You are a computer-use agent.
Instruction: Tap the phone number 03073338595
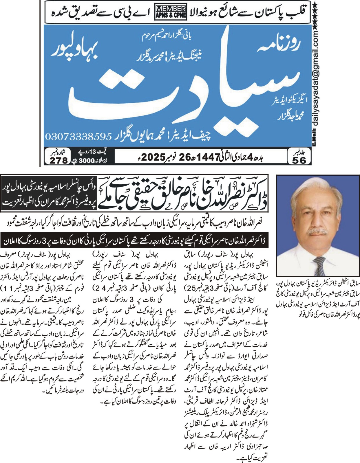pyautogui.click(x=78, y=136)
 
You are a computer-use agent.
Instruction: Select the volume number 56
pyautogui.click(x=299, y=160)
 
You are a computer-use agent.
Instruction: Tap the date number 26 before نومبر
pyautogui.click(x=185, y=157)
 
